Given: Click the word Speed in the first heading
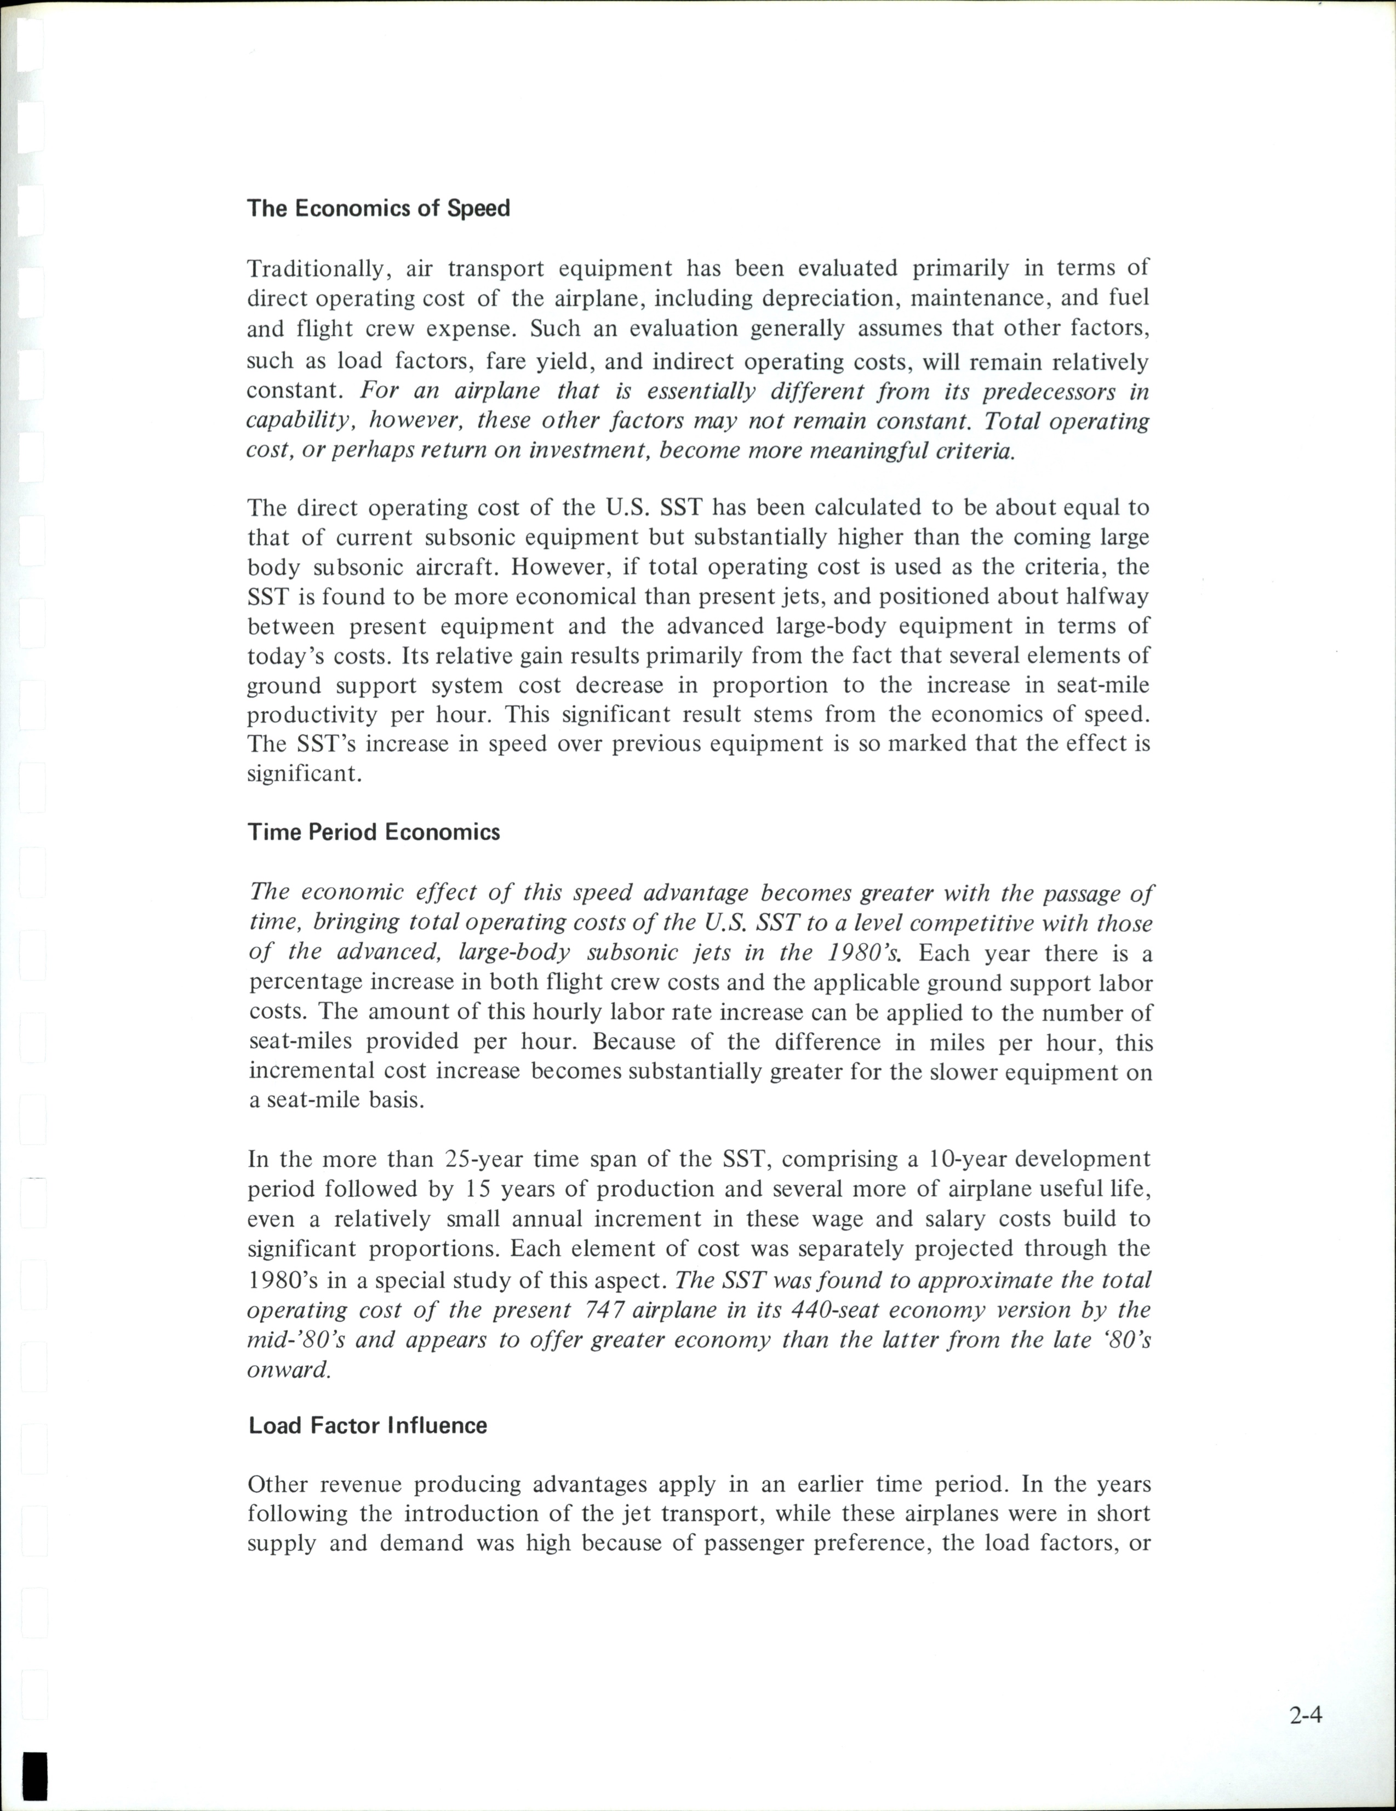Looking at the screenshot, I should pos(479,208).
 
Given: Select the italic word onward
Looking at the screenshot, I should pos(289,1370).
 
